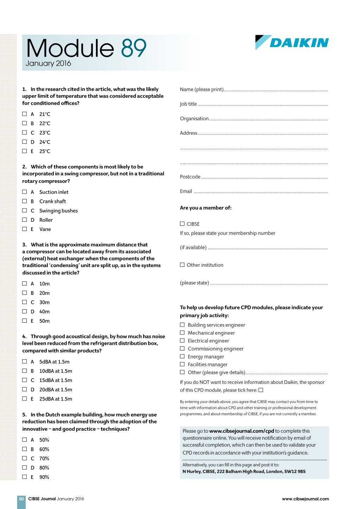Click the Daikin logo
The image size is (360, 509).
[x=292, y=43]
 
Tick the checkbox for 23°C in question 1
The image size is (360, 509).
[x=25, y=133]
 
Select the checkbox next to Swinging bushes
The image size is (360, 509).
[x=25, y=211]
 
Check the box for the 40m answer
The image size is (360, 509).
[x=25, y=311]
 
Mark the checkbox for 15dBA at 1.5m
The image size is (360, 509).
[x=25, y=380]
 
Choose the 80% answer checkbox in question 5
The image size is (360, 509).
[x=25, y=468]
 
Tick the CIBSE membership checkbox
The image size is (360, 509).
[x=182, y=224]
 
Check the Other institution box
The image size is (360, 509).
[x=182, y=265]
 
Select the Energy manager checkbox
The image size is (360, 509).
[x=182, y=356]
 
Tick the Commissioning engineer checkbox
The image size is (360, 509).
[x=182, y=348]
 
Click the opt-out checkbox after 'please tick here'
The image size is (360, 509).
[x=261, y=390]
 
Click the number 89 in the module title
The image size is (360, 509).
[x=134, y=48]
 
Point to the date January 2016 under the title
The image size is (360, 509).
[x=48, y=64]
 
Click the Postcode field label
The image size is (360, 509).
[x=190, y=177]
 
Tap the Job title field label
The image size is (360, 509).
[x=188, y=104]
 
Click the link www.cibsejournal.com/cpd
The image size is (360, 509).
[x=242, y=431]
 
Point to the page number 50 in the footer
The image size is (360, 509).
[x=21, y=499]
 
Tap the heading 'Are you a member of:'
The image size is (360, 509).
[x=206, y=208]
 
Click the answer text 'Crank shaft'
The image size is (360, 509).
[x=53, y=201]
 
